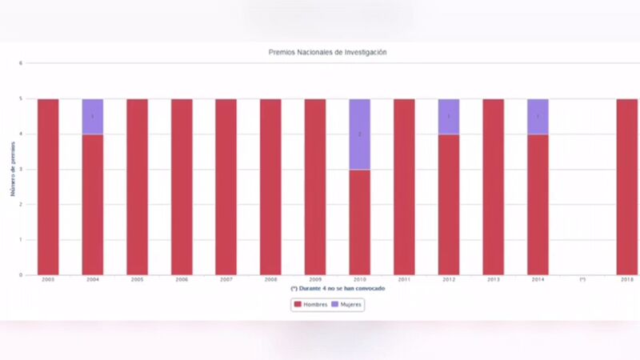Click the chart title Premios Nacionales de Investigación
click(328, 52)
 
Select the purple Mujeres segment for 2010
click(360, 134)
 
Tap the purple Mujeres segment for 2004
click(93, 117)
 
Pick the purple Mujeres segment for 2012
click(449, 117)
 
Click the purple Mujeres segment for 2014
click(538, 117)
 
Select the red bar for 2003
click(48, 186)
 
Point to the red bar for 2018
click(626, 186)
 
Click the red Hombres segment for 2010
click(360, 222)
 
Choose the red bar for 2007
click(226, 186)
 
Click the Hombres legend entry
click(310, 305)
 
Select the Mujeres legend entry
click(347, 305)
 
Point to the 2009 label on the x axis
click(315, 280)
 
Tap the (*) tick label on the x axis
click(582, 280)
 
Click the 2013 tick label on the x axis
click(493, 280)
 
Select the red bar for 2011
click(404, 186)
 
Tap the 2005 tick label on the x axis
click(137, 280)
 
